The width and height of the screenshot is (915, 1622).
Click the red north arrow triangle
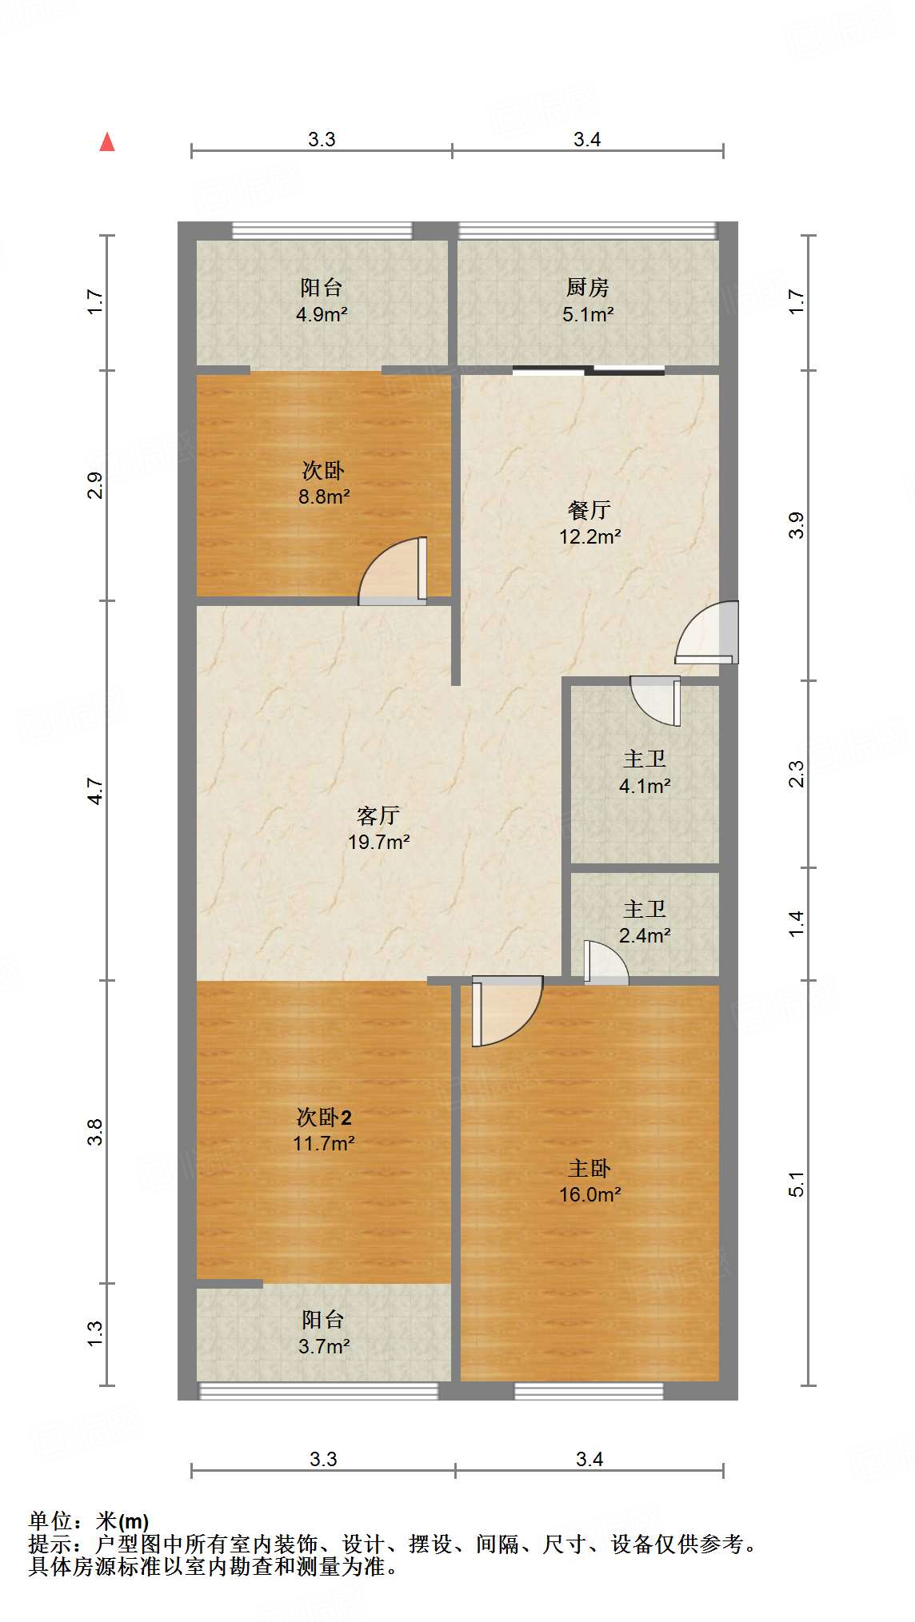tap(107, 142)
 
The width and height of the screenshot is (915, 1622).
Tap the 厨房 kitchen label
tap(587, 287)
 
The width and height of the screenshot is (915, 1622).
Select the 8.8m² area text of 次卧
tap(324, 496)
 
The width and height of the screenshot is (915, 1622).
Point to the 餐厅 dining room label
tap(589, 510)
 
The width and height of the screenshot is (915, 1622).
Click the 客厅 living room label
tap(378, 815)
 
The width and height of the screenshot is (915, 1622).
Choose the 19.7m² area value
tap(378, 842)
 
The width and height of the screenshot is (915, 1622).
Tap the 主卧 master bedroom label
tap(589, 1169)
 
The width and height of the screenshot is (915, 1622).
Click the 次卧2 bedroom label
tap(324, 1117)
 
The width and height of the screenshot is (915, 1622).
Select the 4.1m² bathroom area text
tap(645, 786)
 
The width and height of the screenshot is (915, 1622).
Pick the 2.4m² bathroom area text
tap(645, 935)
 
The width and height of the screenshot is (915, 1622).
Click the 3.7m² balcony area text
tap(324, 1346)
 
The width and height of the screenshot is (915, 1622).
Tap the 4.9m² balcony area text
tap(322, 314)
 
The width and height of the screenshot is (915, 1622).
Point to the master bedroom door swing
tap(505, 1010)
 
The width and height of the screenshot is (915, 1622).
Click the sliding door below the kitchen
tap(589, 370)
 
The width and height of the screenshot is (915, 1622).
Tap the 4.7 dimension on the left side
tap(95, 791)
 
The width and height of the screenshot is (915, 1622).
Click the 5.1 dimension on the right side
tap(797, 1184)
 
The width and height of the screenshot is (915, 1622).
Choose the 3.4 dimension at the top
tap(587, 140)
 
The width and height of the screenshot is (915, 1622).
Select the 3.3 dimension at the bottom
tap(323, 1459)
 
